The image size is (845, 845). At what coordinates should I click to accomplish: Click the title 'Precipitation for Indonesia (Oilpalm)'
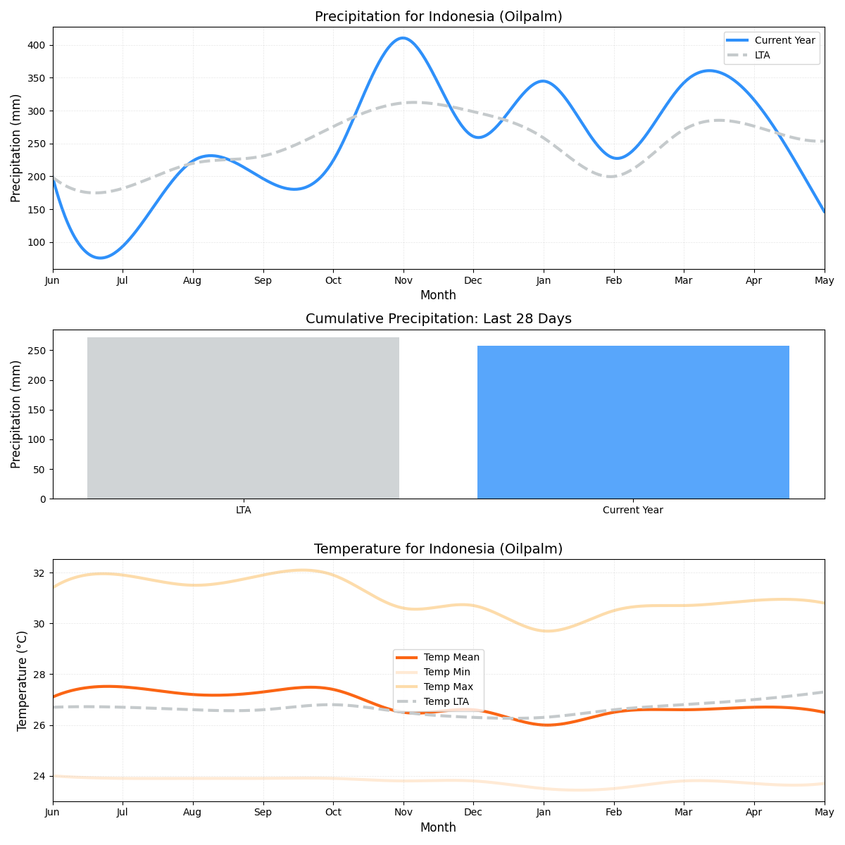point(438,16)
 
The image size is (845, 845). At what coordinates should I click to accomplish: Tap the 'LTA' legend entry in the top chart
point(762,55)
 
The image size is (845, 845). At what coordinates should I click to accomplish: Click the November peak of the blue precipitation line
point(402,38)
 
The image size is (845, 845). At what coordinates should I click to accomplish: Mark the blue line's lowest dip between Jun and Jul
point(100,258)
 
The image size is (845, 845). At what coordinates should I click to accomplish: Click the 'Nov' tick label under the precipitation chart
point(403,280)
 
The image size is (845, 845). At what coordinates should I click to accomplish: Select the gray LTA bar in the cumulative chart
point(243,418)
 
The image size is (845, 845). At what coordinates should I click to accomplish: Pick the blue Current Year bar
point(633,422)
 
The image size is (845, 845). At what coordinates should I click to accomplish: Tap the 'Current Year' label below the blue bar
point(632,510)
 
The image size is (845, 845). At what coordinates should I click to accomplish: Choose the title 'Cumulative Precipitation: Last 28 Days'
point(438,319)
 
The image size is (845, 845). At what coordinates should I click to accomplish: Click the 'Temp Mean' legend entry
point(451,657)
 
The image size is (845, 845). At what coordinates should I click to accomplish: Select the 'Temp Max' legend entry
point(448,687)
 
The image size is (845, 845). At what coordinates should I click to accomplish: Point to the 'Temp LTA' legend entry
point(446,701)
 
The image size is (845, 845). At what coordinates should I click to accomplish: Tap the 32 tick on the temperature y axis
point(39,573)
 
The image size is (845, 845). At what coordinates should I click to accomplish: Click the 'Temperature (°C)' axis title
point(22,680)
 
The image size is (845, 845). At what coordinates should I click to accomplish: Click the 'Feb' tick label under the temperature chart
point(613,812)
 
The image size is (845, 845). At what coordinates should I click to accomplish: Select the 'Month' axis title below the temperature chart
point(438,827)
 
